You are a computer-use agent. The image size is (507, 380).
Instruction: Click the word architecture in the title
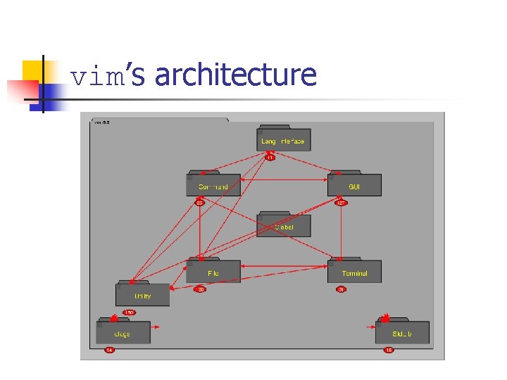coord(235,75)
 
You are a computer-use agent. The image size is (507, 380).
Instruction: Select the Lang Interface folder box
coord(283,140)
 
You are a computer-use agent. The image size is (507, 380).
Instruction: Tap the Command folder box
coord(213,185)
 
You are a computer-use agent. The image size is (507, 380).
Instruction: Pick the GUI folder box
coord(354,185)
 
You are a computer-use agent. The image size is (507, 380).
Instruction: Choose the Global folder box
coord(283,226)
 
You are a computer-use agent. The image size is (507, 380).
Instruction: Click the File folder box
coord(213,272)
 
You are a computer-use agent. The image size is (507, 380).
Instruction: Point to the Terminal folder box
coord(354,272)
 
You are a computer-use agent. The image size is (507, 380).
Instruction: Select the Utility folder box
coord(142,295)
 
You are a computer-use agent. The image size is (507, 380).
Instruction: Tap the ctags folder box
coord(123,333)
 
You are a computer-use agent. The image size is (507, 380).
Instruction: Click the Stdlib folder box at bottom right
coord(402,333)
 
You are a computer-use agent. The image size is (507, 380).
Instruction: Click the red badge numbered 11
coord(270,158)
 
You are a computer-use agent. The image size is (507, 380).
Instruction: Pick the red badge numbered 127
coord(341,203)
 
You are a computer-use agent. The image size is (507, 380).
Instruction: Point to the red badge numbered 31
coord(341,289)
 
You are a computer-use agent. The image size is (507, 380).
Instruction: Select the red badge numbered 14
coord(109,350)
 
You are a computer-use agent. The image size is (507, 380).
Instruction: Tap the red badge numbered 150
coord(129,312)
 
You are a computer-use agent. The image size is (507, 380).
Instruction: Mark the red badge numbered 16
coord(388,350)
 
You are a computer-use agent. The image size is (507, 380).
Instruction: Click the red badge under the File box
coord(200,289)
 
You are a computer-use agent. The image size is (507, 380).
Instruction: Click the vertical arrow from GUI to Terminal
coord(342,232)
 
